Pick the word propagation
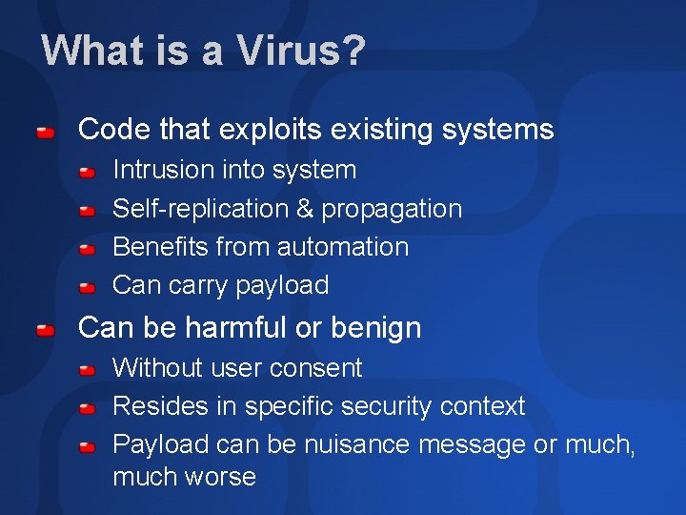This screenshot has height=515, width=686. point(392,209)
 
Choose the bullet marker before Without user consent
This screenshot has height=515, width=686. point(86,369)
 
